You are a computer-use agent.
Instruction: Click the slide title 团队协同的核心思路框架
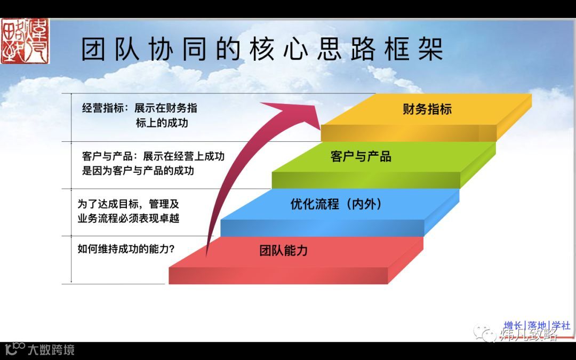pyautogui.click(x=262, y=49)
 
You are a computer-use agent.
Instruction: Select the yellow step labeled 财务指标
pyautogui.click(x=427, y=109)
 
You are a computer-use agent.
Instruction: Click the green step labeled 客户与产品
pyautogui.click(x=361, y=156)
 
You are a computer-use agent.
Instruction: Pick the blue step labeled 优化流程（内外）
pyautogui.click(x=336, y=204)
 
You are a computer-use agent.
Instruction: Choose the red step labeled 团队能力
pyautogui.click(x=283, y=250)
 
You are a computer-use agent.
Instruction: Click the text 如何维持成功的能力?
pyautogui.click(x=126, y=249)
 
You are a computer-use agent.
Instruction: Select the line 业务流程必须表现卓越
pyautogui.click(x=128, y=218)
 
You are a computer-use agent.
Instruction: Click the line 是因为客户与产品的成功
pyautogui.click(x=138, y=171)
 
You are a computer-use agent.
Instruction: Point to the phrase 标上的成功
pyautogui.click(x=162, y=123)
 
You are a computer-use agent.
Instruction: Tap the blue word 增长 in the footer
pyautogui.click(x=513, y=325)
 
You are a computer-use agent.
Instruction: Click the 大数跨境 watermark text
pyautogui.click(x=51, y=350)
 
